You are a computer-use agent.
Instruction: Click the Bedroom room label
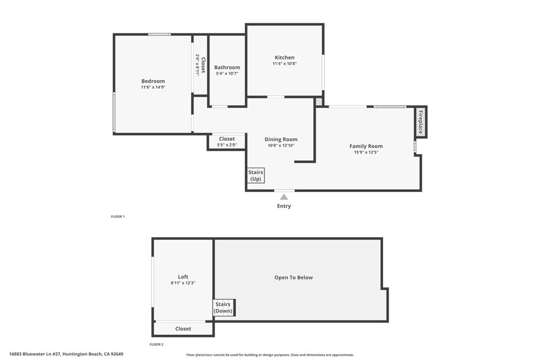pos(153,81)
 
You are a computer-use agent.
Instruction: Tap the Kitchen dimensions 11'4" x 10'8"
pos(284,64)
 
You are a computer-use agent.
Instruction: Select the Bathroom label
pos(227,67)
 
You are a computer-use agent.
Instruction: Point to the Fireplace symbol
pos(421,122)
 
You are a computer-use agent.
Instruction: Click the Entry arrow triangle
pos(284,197)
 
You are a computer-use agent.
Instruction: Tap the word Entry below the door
pos(284,206)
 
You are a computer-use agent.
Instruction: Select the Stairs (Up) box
pos(256,176)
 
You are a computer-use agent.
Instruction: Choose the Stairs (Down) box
pos(223,308)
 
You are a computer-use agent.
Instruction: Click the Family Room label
pos(366,146)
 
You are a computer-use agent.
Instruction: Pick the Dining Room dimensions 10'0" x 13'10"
pos(281,145)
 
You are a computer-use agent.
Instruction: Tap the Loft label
pos(183,277)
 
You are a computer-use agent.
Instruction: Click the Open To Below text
pos(293,277)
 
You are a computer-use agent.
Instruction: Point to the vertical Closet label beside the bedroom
pos(200,64)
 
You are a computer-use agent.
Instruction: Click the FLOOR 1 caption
pos(118,217)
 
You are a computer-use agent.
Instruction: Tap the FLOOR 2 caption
pos(157,344)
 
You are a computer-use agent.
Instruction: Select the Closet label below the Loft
pos(183,329)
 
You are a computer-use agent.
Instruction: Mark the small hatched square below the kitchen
pos(319,101)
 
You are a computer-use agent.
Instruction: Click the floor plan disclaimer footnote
pos(270,355)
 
